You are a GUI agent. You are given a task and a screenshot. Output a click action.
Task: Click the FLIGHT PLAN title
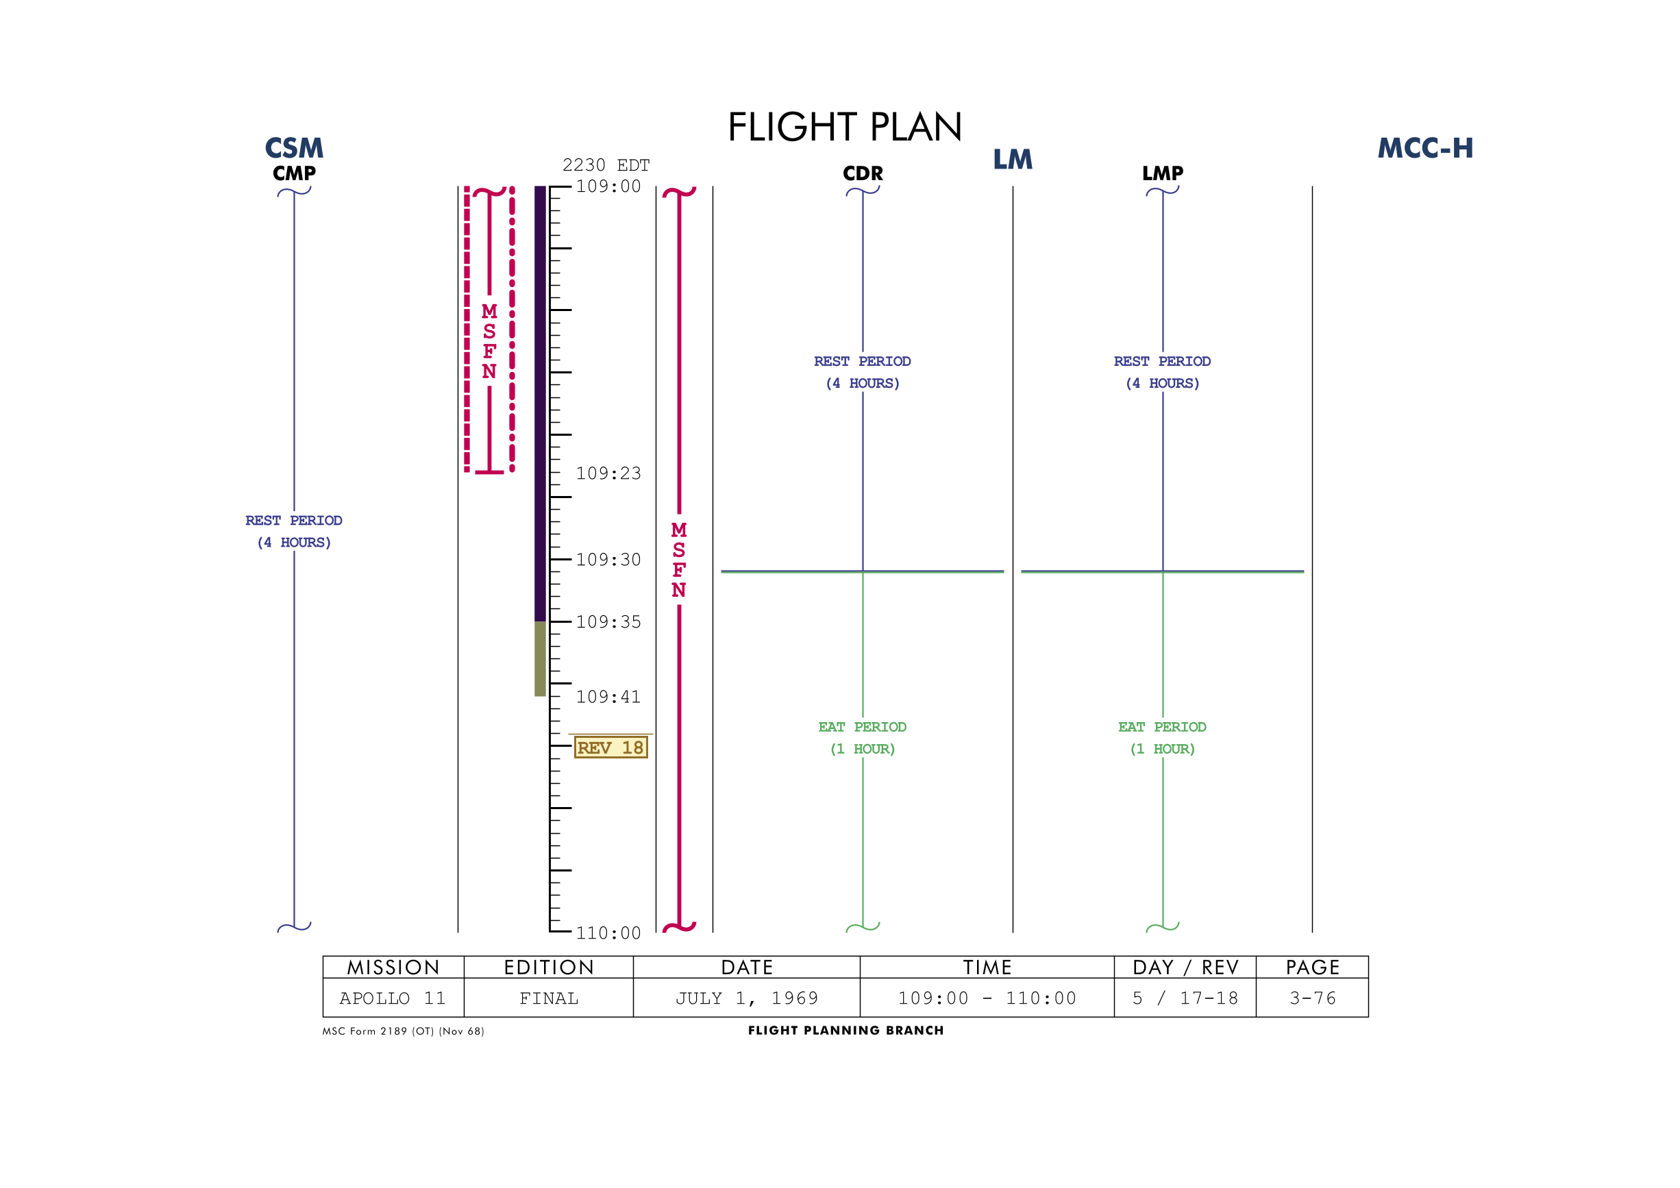[x=844, y=127]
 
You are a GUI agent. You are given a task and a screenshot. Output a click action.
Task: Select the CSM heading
[x=294, y=149]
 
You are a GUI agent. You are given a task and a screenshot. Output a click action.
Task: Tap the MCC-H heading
[x=1424, y=149]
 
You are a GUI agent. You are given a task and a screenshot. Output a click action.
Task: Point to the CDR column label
[x=863, y=173]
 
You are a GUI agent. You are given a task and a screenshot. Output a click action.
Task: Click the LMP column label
[x=1163, y=173]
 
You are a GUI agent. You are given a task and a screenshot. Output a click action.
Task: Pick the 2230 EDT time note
[x=606, y=165]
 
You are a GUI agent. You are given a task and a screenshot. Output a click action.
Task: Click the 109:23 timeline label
[x=608, y=473]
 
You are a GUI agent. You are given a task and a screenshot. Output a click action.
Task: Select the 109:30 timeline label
[x=608, y=560]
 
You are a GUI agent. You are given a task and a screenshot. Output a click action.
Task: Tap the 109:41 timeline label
[x=608, y=697]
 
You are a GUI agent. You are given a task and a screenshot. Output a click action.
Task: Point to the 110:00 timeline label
[x=608, y=933]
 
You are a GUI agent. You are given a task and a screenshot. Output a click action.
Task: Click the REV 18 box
[x=611, y=747]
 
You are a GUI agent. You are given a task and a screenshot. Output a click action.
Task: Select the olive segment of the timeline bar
[x=540, y=659]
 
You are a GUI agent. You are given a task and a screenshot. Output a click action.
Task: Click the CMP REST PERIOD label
[x=293, y=531]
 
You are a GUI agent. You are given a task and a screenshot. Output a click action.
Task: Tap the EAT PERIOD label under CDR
[x=863, y=737]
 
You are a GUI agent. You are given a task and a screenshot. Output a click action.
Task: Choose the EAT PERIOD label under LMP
[x=1163, y=737]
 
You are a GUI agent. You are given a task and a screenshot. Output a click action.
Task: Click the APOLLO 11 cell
[x=393, y=998]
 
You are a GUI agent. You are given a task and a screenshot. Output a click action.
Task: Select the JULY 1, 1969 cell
[x=746, y=998]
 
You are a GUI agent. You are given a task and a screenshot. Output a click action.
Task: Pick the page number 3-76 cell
[x=1313, y=998]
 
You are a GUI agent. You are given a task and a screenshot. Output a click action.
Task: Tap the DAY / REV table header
[x=1185, y=968]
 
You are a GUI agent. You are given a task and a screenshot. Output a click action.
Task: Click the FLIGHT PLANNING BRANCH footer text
[x=846, y=1030]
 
